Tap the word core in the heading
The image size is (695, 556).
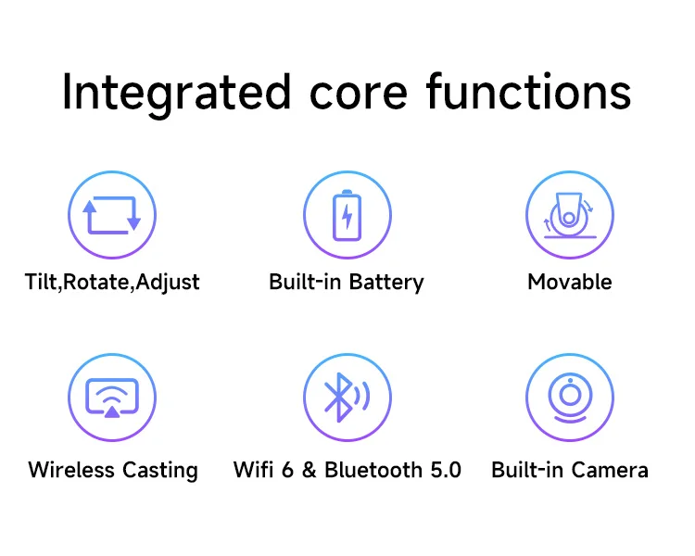358,94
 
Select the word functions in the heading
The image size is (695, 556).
529,92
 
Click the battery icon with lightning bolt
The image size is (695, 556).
347,215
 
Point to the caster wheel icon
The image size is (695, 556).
570,216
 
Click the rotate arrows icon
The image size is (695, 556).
112,215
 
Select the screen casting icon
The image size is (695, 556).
112,398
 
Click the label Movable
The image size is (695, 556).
570,282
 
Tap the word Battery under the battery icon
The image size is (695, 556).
386,283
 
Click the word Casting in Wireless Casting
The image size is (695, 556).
160,471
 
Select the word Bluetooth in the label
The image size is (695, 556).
373,470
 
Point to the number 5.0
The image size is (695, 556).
446,470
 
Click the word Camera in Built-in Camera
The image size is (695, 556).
610,470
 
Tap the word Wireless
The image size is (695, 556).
71,470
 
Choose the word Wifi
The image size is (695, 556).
253,470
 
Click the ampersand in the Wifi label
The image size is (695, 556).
310,470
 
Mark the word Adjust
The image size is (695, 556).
168,283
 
